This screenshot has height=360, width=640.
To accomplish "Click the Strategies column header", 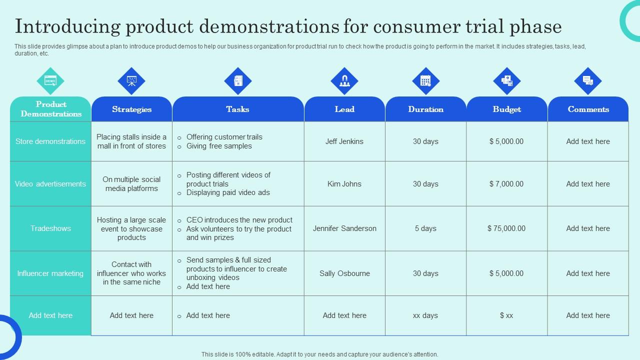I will tap(131, 109).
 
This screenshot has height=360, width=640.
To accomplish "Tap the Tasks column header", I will tap(237, 109).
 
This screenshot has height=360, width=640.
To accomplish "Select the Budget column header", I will tap(506, 109).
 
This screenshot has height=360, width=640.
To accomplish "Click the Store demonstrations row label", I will tap(50, 141).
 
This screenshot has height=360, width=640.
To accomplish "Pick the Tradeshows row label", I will tap(50, 228).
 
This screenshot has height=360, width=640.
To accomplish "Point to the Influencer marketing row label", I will tap(50, 273).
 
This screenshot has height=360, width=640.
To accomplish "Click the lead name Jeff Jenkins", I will tap(344, 141).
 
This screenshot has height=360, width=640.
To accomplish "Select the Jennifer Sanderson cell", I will tap(344, 228).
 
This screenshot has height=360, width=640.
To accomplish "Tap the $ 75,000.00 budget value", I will tap(506, 228).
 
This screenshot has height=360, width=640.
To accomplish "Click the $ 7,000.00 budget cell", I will tap(506, 184).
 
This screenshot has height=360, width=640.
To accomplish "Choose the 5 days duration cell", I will tap(425, 228).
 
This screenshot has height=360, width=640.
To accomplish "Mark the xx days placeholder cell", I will tap(425, 315).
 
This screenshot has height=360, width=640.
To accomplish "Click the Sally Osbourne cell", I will tap(344, 273).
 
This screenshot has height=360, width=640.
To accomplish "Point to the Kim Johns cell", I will tap(344, 184).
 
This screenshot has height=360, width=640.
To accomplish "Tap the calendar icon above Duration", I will tap(425, 81).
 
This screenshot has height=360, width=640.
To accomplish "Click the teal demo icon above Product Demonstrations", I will tap(50, 81).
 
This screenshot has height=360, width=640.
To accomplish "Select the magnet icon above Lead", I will tap(344, 81).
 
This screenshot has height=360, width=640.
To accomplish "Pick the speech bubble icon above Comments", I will tap(588, 81).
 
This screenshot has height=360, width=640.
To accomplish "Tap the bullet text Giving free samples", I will tap(219, 146).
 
